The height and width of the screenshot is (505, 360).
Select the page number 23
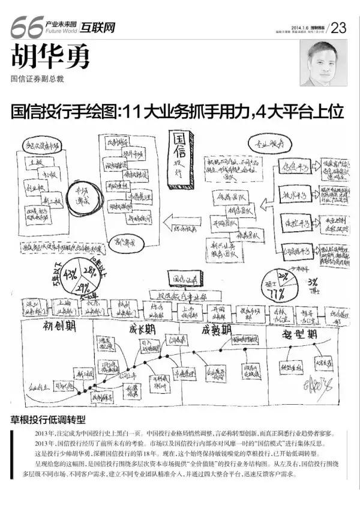coord(339,28)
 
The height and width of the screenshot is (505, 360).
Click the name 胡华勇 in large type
coord(50,59)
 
